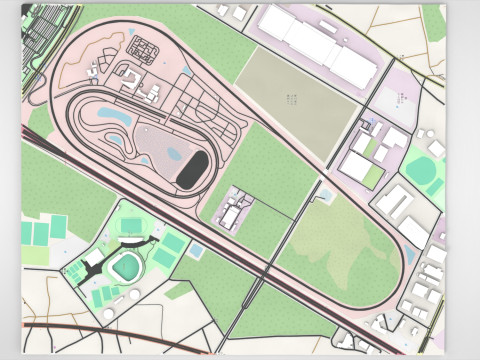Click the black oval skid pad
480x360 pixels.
pyautogui.click(x=193, y=170)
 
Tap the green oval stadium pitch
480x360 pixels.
pyautogui.click(x=127, y=266)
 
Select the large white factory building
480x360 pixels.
pyautogui.click(x=318, y=45)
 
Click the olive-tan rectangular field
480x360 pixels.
pyautogui.click(x=297, y=99)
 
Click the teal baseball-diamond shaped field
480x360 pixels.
pyautogui.click(x=424, y=170)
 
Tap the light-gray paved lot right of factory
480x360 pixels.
pyautogui.click(x=400, y=99)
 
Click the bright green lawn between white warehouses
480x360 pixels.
pyautogui.click(x=372, y=176)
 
